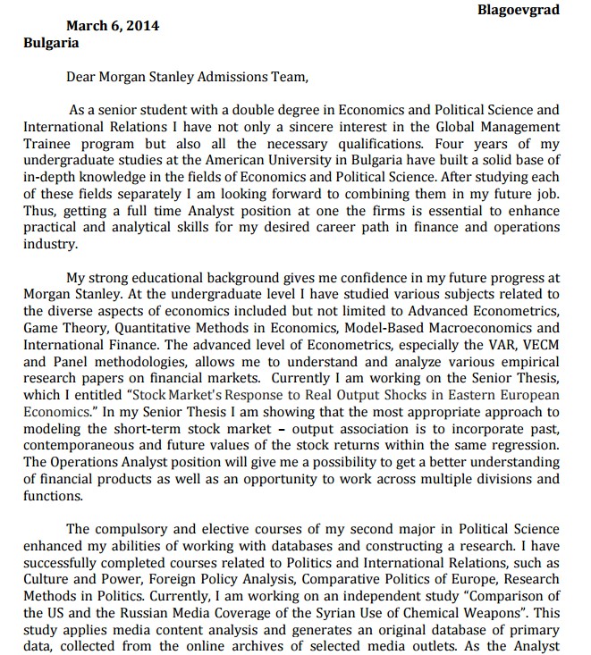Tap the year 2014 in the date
click(142, 26)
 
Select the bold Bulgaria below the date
click(51, 42)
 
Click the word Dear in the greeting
click(81, 77)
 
